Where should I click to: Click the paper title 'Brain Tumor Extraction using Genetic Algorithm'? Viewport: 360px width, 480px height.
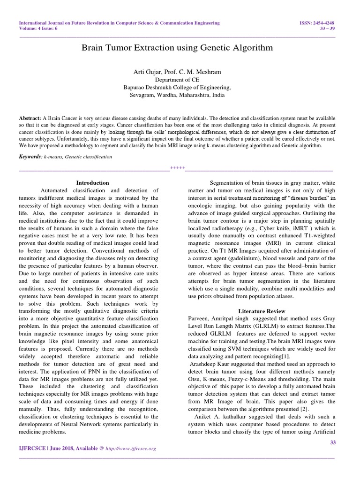177,48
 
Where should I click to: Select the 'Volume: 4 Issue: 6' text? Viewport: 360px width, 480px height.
38,28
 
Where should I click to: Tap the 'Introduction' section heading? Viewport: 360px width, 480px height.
92,183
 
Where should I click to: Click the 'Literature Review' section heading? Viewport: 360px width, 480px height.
261,311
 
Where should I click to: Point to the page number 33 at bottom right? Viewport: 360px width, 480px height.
333,442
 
